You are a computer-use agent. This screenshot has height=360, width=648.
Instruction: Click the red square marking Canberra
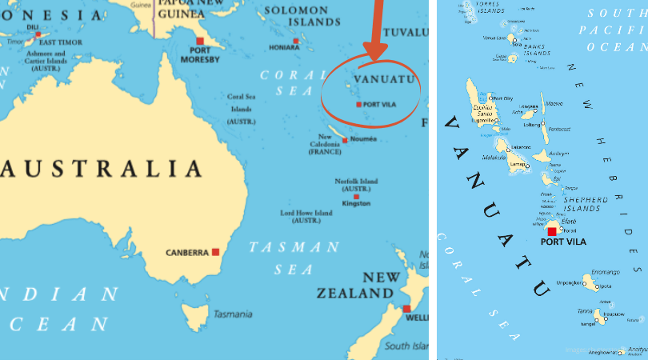click(215, 252)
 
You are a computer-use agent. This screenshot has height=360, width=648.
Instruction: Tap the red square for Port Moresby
click(200, 41)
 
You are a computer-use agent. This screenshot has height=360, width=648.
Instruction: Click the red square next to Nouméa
click(345, 140)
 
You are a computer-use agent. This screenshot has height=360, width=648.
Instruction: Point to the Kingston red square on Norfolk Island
click(356, 196)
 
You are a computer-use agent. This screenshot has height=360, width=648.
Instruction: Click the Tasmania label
click(233, 314)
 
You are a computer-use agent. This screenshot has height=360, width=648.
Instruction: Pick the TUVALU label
click(406, 33)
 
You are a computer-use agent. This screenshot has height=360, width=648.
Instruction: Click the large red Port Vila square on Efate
click(552, 231)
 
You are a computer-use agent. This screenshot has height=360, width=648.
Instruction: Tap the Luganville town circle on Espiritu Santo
click(496, 122)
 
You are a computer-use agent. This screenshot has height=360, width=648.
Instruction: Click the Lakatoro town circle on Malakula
click(507, 148)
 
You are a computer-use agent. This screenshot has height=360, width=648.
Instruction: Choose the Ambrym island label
click(559, 153)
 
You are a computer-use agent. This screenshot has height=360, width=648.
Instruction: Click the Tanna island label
click(586, 311)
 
